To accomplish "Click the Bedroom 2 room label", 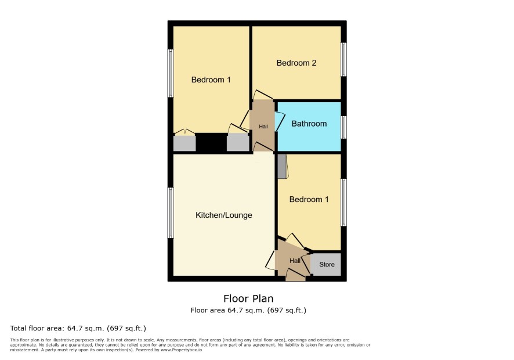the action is [296, 63].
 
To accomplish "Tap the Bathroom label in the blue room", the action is [309, 124].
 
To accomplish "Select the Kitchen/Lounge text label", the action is [224, 215].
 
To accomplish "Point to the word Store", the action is [327, 265].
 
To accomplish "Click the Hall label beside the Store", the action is [295, 261].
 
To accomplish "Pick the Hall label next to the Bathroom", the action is [263, 127].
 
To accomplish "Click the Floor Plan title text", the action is [248, 298].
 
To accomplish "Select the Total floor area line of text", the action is [78, 328].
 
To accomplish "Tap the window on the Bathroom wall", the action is [343, 127].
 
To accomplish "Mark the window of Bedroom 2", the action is [343, 59].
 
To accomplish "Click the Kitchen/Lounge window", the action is [171, 213].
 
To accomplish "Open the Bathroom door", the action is [280, 121].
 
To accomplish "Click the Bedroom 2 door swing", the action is [263, 95].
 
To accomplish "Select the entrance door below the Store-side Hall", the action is [296, 275].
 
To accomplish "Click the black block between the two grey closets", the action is [211, 142].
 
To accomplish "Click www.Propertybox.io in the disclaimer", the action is [181, 350].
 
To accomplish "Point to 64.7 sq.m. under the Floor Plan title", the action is [246, 310].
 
